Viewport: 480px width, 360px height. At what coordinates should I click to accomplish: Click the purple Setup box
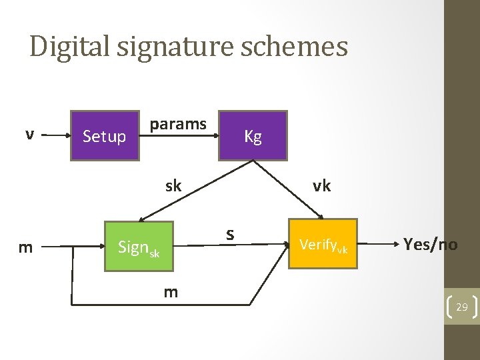105,136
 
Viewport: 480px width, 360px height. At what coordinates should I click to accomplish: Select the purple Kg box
253,136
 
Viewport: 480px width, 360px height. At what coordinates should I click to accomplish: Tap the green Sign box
139,247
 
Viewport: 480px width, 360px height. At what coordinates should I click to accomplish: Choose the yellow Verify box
323,244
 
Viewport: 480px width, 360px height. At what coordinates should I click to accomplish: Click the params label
178,124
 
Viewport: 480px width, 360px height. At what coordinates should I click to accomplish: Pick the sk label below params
173,186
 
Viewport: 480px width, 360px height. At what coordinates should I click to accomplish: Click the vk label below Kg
321,186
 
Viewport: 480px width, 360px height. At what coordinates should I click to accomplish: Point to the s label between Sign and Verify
229,234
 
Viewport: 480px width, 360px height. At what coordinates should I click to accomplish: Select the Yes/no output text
430,245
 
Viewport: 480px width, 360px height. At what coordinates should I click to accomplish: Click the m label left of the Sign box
25,248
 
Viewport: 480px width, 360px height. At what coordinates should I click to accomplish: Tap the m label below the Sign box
171,291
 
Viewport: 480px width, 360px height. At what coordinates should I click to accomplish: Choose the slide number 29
461,307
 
